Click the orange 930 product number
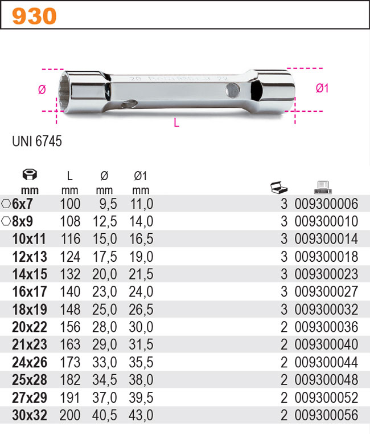pyautogui.click(x=34, y=17)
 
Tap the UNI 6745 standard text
pyautogui.click(x=37, y=141)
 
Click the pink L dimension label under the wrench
pyautogui.click(x=176, y=123)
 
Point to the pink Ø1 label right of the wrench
pyautogui.click(x=322, y=88)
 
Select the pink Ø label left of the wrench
pyautogui.click(x=42, y=90)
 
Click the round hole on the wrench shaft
pyautogui.click(x=233, y=89)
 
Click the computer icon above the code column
pyautogui.click(x=323, y=186)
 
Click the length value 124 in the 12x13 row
pyautogui.click(x=70, y=257)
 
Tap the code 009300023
pyautogui.click(x=326, y=274)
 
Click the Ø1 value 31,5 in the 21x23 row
pyautogui.click(x=141, y=345)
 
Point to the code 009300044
pyautogui.click(x=326, y=363)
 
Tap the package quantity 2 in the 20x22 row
pyautogui.click(x=284, y=327)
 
